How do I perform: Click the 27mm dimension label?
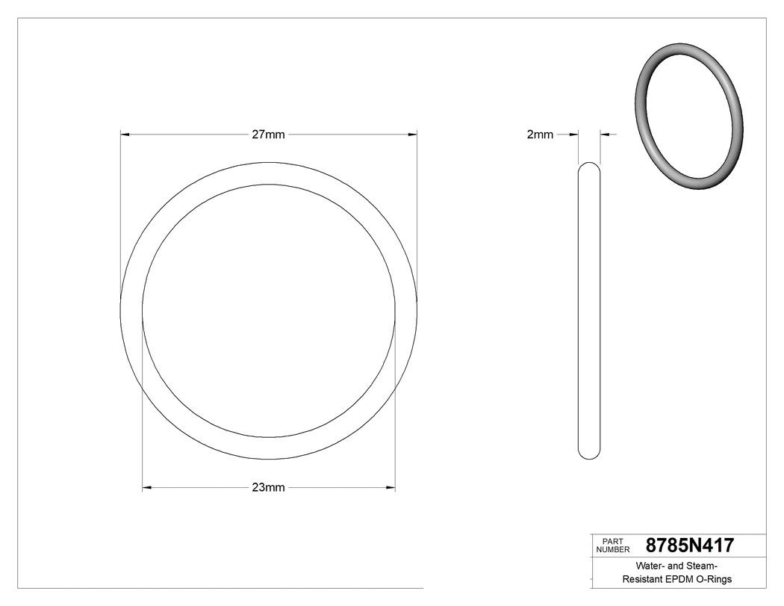click(x=268, y=135)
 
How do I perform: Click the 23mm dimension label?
click(x=268, y=488)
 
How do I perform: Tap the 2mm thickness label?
click(x=540, y=135)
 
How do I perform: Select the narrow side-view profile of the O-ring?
click(x=589, y=310)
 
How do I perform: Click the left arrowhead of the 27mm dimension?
click(x=125, y=135)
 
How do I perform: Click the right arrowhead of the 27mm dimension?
click(x=412, y=135)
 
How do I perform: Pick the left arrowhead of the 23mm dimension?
click(x=147, y=488)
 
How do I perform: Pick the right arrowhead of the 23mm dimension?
click(x=391, y=488)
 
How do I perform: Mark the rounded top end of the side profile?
click(x=589, y=167)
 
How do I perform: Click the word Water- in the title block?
click(x=650, y=566)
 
